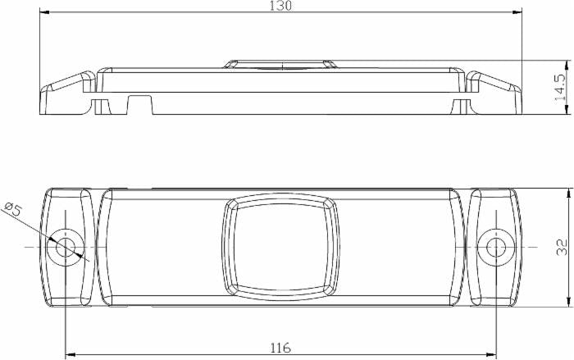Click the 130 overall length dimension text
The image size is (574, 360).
click(281, 6)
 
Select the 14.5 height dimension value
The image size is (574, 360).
click(560, 87)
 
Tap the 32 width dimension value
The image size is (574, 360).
click(562, 247)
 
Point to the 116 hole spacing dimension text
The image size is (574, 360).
click(280, 349)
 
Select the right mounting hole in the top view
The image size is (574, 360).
click(495, 246)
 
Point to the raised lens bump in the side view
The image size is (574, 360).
click(280, 64)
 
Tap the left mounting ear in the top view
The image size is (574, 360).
click(68, 246)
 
